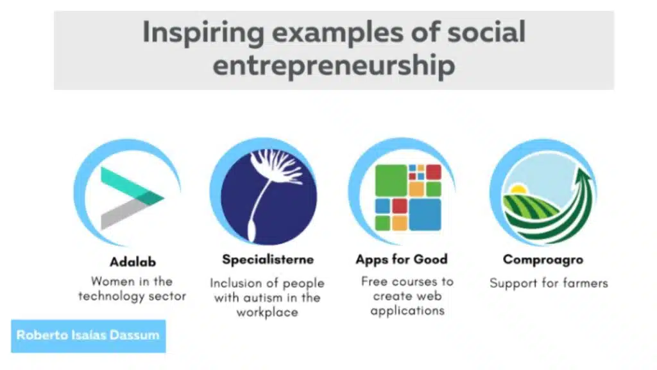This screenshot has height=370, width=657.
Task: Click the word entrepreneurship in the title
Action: (x=334, y=65)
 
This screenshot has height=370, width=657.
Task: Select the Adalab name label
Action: (x=132, y=261)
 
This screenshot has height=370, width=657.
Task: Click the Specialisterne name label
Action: (x=268, y=260)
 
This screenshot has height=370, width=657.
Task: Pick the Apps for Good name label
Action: (x=402, y=260)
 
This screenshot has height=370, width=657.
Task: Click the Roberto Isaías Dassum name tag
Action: (x=88, y=335)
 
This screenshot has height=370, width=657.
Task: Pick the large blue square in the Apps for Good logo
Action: (x=425, y=215)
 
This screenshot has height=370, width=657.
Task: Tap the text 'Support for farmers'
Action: (x=548, y=283)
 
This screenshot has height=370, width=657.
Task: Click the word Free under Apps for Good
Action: (x=374, y=281)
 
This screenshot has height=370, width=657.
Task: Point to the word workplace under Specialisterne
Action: (x=267, y=313)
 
